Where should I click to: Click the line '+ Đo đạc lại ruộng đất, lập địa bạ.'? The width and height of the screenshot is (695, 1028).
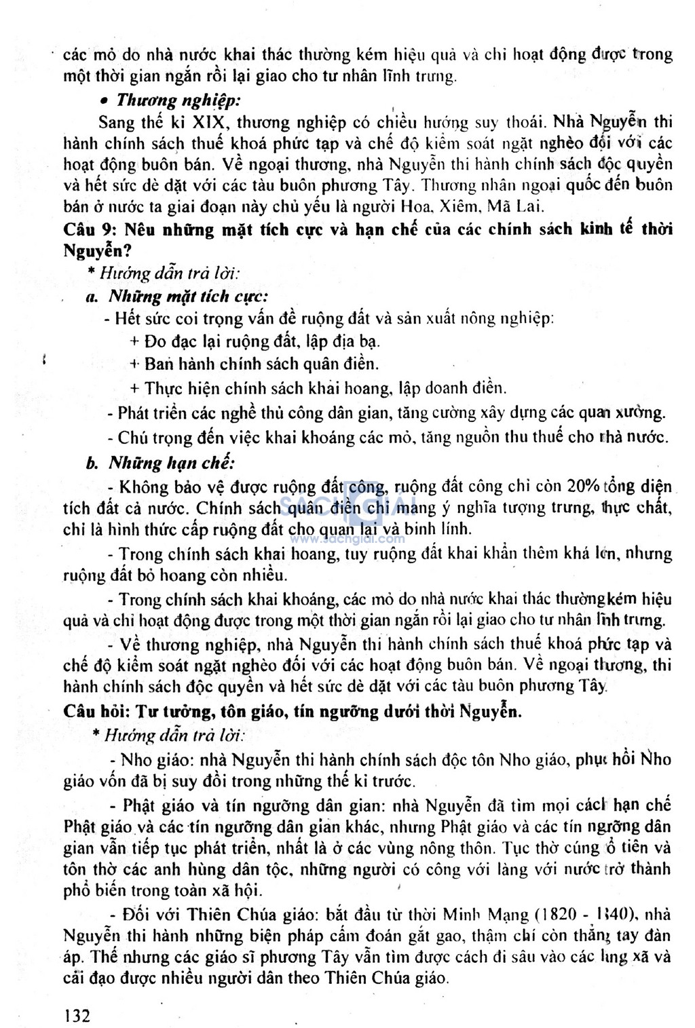(255, 341)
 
